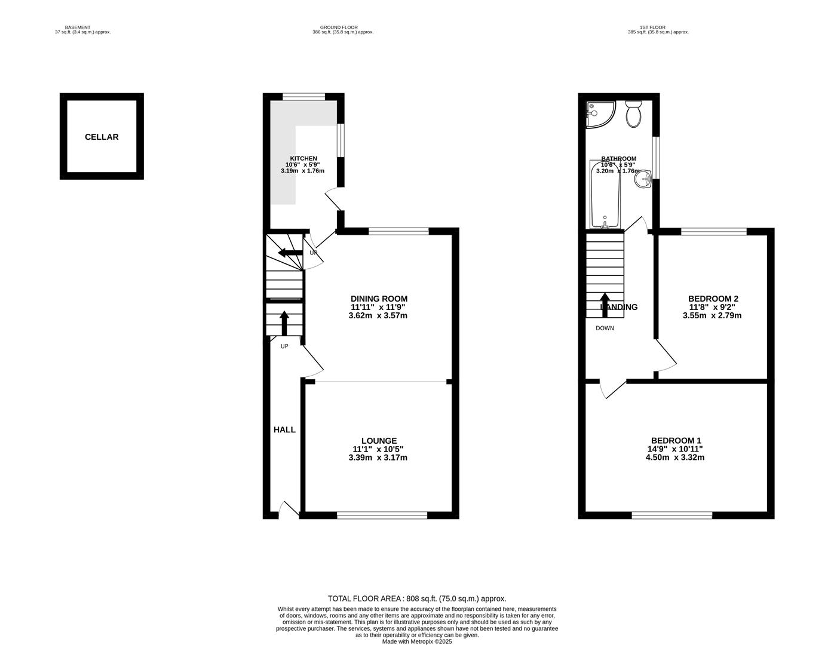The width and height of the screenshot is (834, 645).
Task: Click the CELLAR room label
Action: (x=102, y=137)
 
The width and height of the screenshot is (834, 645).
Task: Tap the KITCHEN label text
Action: (x=303, y=158)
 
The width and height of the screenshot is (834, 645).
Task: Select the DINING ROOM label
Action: (x=379, y=299)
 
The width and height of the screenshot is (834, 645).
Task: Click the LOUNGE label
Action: (x=379, y=441)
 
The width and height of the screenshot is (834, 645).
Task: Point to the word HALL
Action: (x=284, y=429)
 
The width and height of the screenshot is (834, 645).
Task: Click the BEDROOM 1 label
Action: (x=676, y=440)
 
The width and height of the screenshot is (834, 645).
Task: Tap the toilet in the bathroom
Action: (x=633, y=113)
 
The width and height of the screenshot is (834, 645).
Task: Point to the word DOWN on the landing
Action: (x=605, y=328)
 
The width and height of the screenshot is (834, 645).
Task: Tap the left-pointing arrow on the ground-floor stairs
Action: (x=290, y=253)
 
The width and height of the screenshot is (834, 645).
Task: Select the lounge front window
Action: (x=382, y=515)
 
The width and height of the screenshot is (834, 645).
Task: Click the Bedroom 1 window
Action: (x=672, y=515)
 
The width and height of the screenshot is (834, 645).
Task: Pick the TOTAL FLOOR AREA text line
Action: (x=417, y=598)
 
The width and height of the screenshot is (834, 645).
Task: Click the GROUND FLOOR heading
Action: (x=339, y=27)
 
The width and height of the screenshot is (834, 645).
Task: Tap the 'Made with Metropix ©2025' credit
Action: (x=417, y=641)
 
